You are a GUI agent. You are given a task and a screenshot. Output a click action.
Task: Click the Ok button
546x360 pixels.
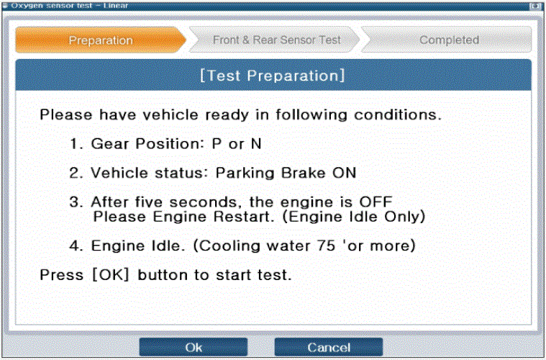click(x=194, y=347)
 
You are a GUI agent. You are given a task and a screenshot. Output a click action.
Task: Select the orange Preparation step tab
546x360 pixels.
click(x=101, y=40)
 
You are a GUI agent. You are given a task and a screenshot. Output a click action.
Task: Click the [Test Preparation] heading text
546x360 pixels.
click(x=273, y=76)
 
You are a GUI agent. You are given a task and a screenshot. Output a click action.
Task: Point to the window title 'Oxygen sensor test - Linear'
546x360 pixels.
click(x=69, y=5)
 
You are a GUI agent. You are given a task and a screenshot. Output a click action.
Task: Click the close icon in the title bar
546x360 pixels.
click(x=534, y=6)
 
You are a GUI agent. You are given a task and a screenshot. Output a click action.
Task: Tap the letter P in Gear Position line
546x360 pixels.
click(x=217, y=143)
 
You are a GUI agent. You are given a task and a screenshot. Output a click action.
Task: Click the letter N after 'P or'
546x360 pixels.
click(x=256, y=143)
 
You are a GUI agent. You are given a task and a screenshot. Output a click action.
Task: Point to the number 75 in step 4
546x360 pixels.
click(x=326, y=246)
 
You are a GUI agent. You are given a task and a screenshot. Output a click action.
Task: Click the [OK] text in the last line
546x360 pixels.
click(x=111, y=274)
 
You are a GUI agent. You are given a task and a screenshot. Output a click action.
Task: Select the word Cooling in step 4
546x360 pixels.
click(x=229, y=246)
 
